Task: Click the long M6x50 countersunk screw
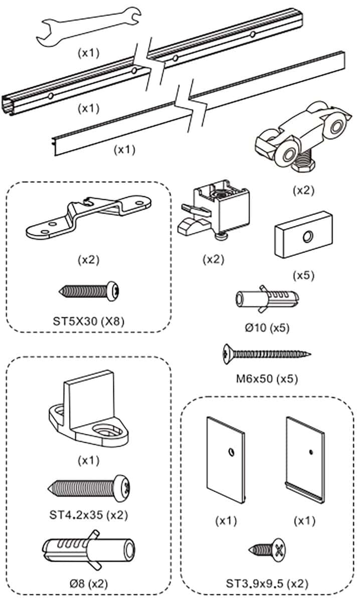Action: (265, 355)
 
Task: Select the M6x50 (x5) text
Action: (267, 379)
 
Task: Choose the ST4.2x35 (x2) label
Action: (89, 515)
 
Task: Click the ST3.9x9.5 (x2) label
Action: (267, 583)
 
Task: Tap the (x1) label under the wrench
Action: (89, 52)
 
